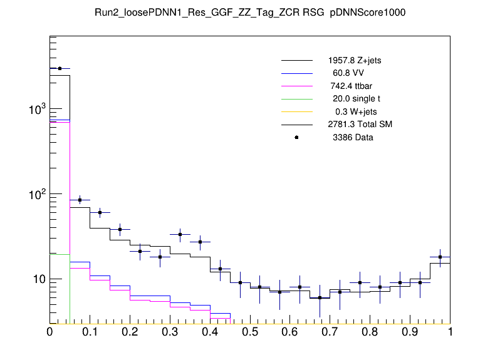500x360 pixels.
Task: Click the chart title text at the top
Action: coord(250,13)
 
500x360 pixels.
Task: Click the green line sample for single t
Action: coord(296,99)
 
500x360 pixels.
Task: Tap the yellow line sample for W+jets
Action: coord(296,111)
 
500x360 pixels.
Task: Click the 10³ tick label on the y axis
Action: coord(37,110)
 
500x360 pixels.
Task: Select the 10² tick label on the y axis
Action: coord(37,195)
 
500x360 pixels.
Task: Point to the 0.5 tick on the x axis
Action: coord(250,332)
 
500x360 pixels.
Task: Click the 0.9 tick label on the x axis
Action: coord(410,332)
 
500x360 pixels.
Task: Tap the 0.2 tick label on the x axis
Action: coord(130,332)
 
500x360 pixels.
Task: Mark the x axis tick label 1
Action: coord(450,332)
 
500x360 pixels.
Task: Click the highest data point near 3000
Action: coord(60,68)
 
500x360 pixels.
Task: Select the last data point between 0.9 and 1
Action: coord(440,257)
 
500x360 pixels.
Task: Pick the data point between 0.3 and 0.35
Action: coord(180,235)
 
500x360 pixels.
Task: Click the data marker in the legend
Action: coord(296,137)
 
